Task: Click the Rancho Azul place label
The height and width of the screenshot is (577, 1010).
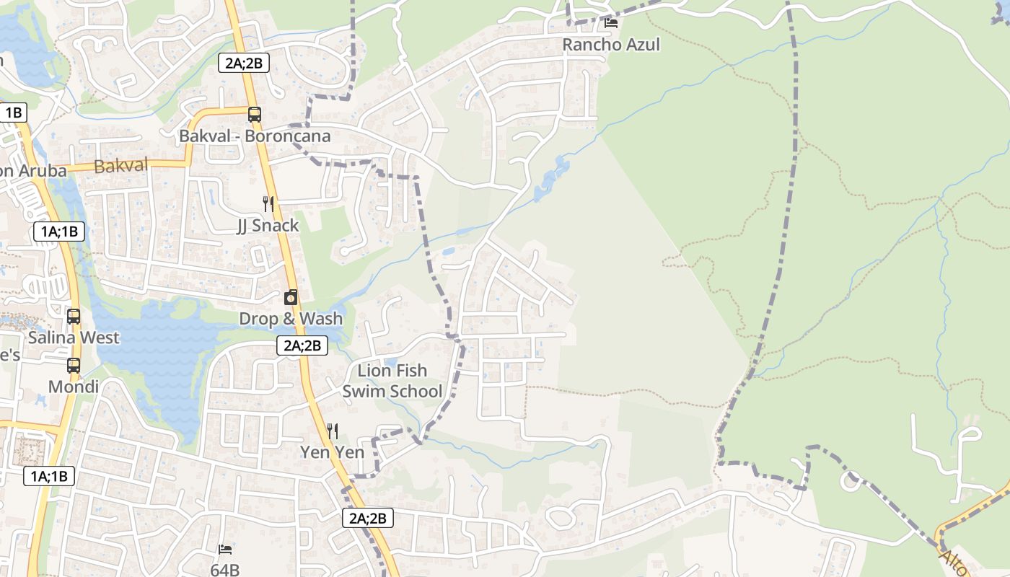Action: tap(611, 45)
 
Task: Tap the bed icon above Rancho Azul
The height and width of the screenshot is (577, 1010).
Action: tap(611, 23)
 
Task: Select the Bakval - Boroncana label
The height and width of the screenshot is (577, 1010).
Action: tap(255, 136)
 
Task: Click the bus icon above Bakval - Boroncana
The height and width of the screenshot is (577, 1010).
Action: tap(254, 114)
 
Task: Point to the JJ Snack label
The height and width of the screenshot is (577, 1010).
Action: tap(268, 226)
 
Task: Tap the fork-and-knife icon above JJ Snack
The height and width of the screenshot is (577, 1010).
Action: tap(268, 204)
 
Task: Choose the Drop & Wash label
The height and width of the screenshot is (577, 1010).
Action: tap(291, 319)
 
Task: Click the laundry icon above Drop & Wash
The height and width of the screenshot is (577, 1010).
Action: tap(291, 297)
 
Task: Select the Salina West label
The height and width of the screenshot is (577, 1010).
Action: tap(74, 338)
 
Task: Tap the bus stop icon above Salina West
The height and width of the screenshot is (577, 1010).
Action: tap(74, 316)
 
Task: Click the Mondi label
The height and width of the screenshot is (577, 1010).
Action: tap(74, 387)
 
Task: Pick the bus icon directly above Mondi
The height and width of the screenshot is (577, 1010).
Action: tap(74, 366)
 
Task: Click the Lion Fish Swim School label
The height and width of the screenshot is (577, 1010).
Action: tap(392, 381)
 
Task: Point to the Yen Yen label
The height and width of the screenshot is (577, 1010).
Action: tap(333, 453)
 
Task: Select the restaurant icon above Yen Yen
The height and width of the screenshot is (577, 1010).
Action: tap(333, 431)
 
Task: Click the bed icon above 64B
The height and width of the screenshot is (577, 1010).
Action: tap(225, 550)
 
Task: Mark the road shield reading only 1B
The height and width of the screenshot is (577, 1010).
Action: tap(14, 113)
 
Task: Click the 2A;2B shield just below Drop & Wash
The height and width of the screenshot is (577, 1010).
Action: tap(302, 345)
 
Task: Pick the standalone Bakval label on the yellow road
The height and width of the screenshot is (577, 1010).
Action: tap(121, 166)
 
